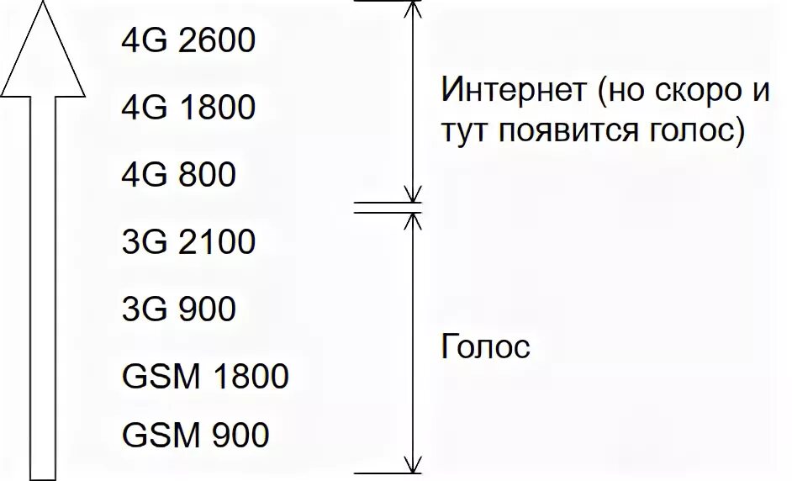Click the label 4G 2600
(187, 40)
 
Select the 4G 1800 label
(187, 108)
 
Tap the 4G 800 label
(178, 175)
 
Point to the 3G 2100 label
(187, 242)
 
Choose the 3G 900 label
(178, 309)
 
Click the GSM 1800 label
(205, 376)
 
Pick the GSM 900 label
(196, 436)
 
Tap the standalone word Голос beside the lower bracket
(485, 346)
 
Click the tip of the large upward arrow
(42, 3)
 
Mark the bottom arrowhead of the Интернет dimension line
(412, 195)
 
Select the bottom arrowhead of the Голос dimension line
(412, 465)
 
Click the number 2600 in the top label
(216, 40)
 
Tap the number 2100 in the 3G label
(216, 242)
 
